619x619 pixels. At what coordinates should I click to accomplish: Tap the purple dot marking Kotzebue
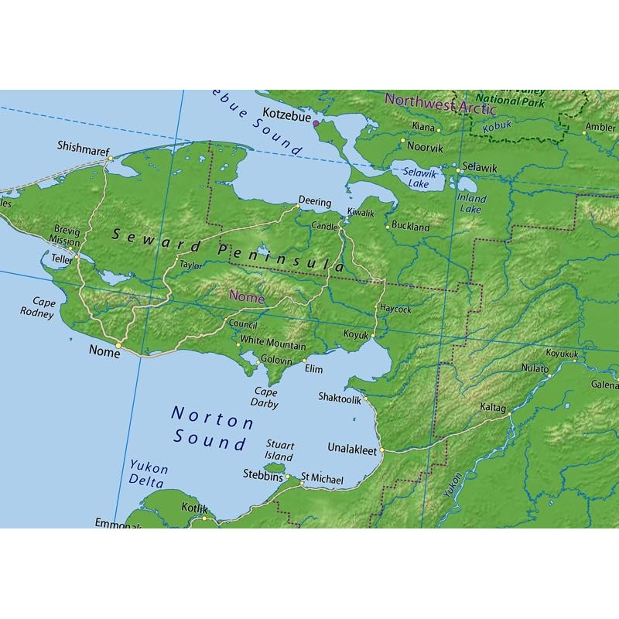click(315, 123)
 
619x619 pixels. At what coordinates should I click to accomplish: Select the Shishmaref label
click(83, 145)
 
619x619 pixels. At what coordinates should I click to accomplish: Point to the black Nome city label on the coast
click(104, 352)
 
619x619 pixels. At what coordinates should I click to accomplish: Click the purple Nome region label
click(246, 297)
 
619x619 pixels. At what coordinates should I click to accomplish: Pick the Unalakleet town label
click(352, 449)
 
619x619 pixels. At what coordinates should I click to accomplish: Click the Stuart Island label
click(279, 450)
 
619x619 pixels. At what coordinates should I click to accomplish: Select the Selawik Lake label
click(419, 180)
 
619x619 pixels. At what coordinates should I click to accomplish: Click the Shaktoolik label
click(340, 397)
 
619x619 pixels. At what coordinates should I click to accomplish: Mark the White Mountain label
click(272, 345)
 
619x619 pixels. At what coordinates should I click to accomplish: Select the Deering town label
click(315, 203)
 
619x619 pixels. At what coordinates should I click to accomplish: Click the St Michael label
click(322, 480)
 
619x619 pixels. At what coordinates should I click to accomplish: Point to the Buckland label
click(410, 227)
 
